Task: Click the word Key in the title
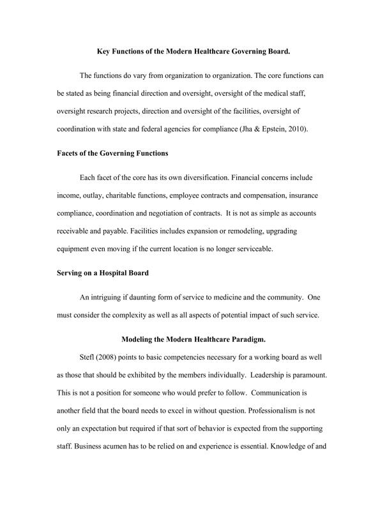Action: click(103, 49)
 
